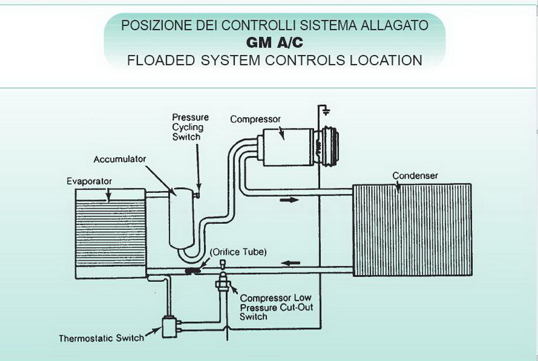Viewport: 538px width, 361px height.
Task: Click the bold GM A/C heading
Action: tap(274, 43)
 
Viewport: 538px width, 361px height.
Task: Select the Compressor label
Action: tap(256, 119)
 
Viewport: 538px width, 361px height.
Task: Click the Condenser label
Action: tap(415, 175)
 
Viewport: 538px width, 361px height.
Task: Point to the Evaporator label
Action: tap(89, 181)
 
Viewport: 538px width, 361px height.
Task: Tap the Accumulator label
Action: tap(120, 159)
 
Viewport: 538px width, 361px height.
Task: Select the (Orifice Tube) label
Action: tap(238, 252)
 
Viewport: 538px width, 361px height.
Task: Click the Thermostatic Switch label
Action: tap(102, 338)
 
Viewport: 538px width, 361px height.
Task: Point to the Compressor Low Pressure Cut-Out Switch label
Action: tap(276, 307)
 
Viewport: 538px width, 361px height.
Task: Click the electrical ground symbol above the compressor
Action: tap(325, 111)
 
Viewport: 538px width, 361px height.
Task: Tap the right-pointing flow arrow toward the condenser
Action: tap(289, 200)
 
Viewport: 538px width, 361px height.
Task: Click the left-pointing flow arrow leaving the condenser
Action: tap(291, 264)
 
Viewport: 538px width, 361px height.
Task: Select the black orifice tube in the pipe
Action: tap(193, 271)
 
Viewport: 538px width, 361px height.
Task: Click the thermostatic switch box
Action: tap(169, 327)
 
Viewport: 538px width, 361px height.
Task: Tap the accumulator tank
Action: tap(182, 217)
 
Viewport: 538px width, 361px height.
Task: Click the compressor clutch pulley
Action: tap(330, 147)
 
